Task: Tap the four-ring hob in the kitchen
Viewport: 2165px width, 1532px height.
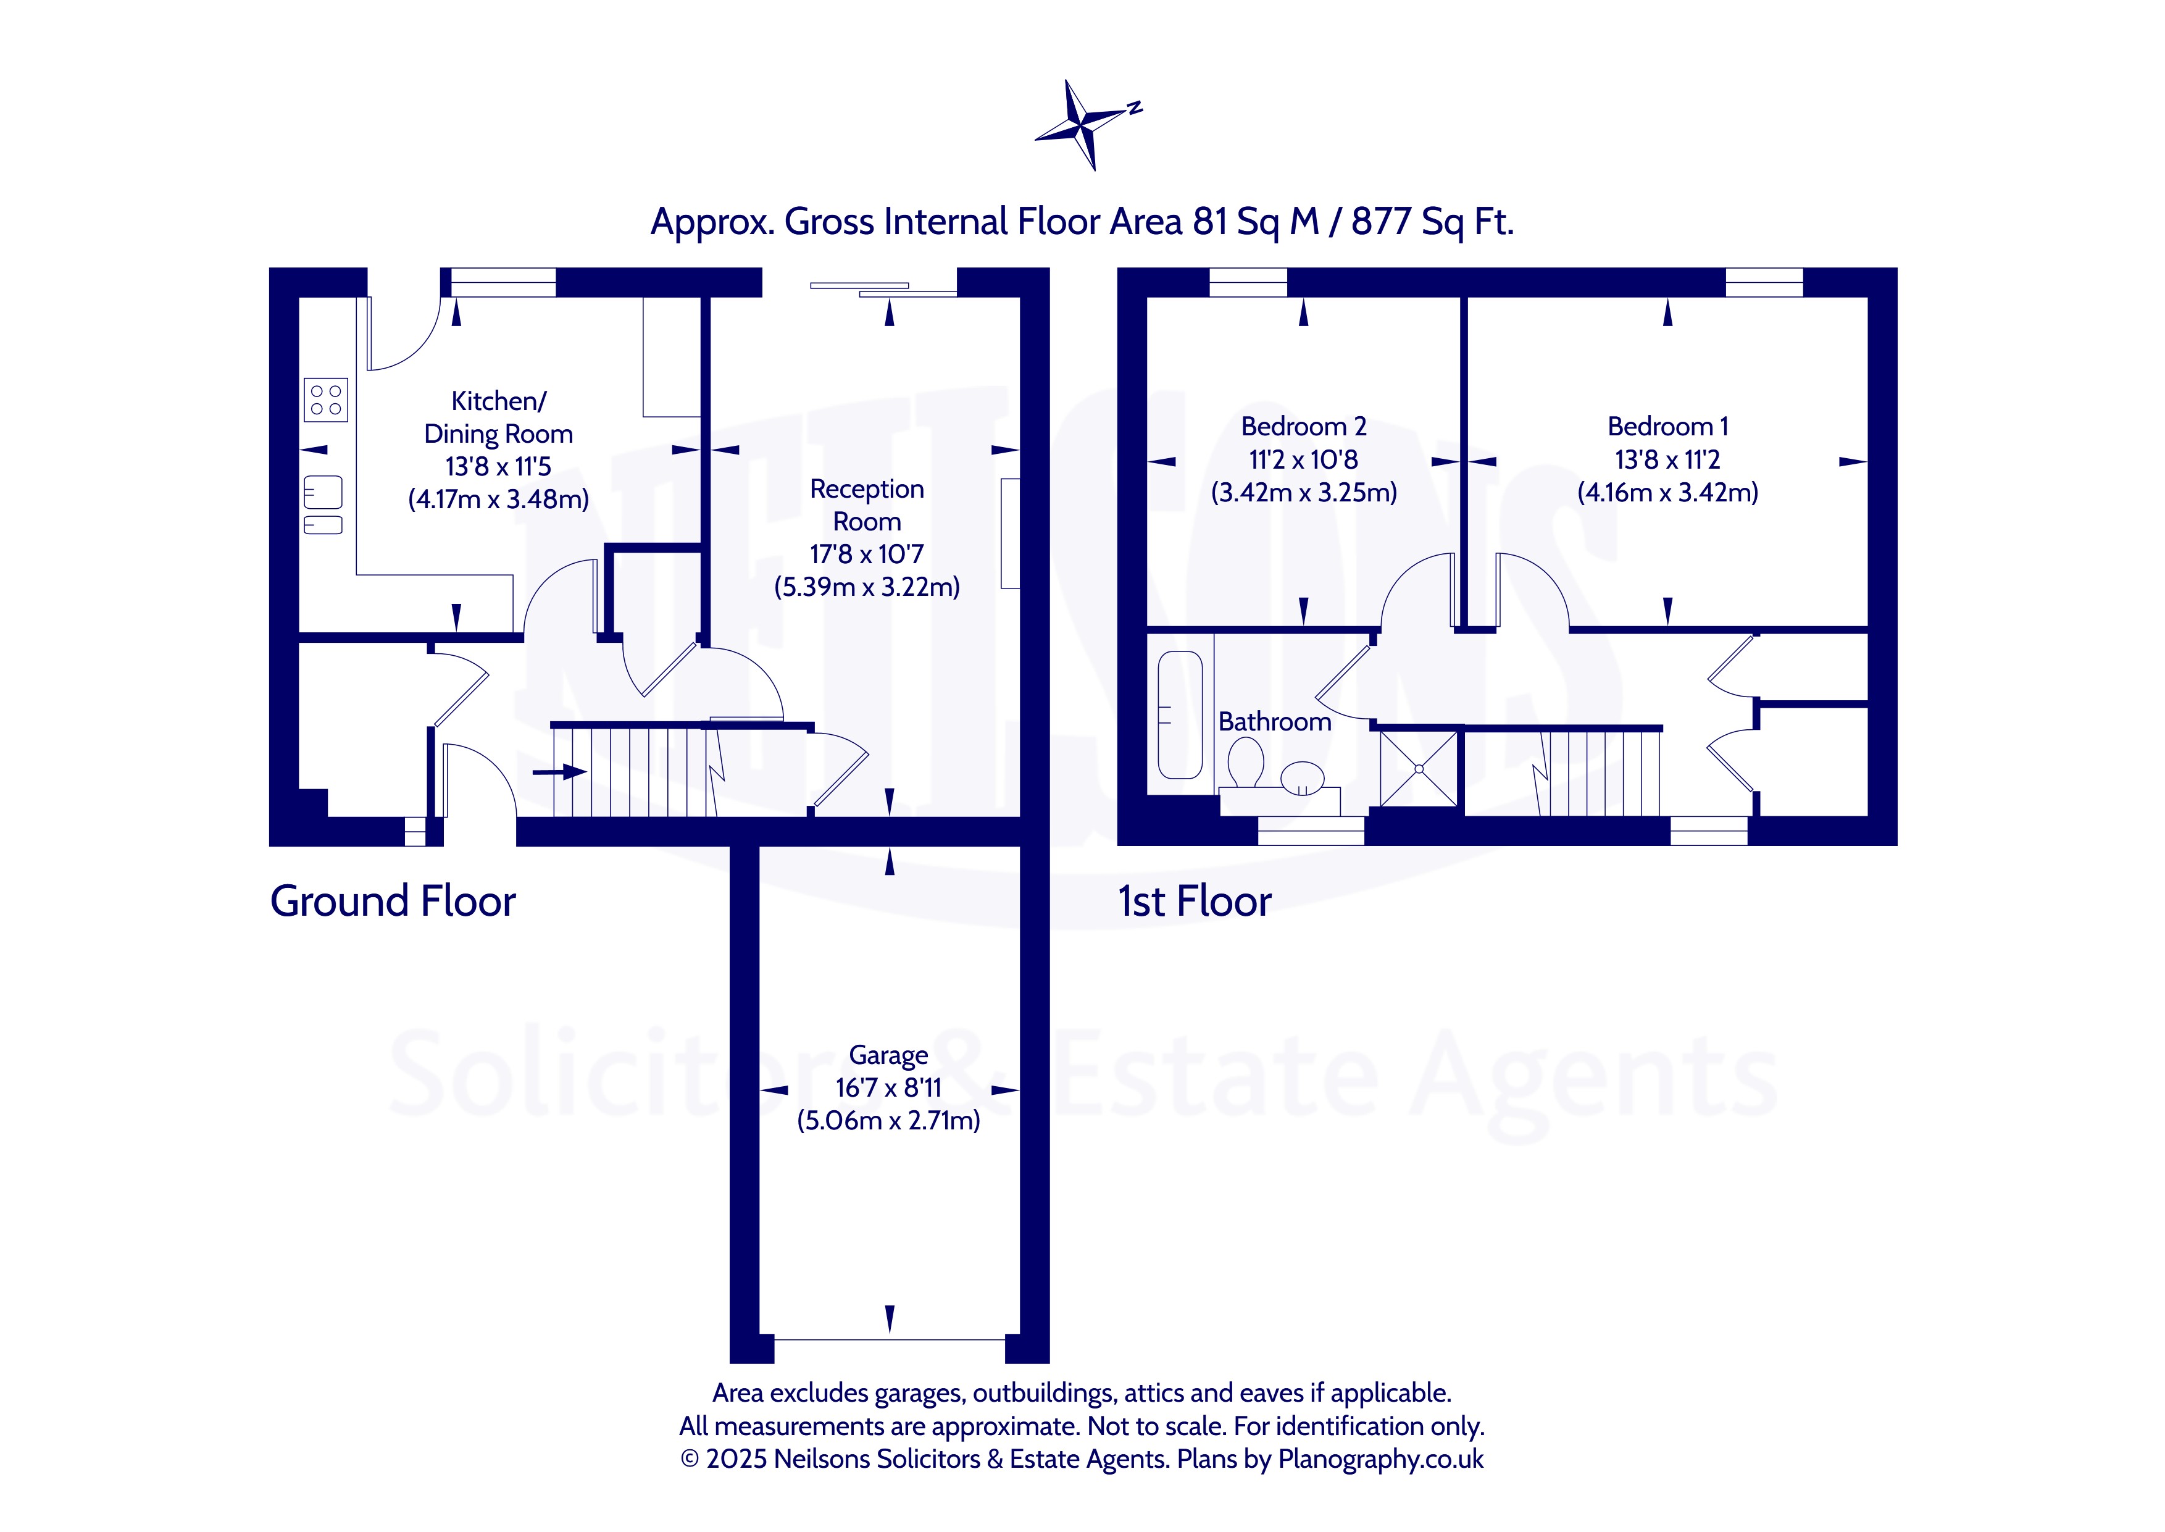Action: point(326,399)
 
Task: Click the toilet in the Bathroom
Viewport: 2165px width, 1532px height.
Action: point(1246,762)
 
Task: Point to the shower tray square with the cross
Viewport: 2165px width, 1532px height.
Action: point(1419,768)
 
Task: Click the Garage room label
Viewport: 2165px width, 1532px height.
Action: point(888,1055)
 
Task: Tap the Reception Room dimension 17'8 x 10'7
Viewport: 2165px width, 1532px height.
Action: point(867,554)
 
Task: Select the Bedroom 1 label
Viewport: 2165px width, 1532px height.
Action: point(1667,427)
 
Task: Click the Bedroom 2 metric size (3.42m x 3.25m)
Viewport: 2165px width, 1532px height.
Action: point(1304,492)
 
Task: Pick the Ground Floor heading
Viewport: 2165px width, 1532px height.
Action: point(393,901)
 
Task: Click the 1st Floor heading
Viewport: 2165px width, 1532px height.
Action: point(1195,901)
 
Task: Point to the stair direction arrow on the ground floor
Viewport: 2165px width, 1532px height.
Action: point(559,772)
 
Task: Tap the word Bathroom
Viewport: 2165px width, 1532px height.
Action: point(1275,722)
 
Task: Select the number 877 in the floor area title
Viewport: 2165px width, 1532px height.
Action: point(1380,222)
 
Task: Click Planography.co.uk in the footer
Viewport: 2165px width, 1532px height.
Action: point(1380,1459)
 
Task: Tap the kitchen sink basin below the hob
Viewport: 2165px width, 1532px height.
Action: point(322,492)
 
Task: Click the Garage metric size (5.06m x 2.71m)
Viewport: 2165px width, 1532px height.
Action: point(888,1121)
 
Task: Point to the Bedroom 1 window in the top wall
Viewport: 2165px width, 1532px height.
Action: point(1764,282)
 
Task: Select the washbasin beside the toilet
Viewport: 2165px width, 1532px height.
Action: point(1302,776)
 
